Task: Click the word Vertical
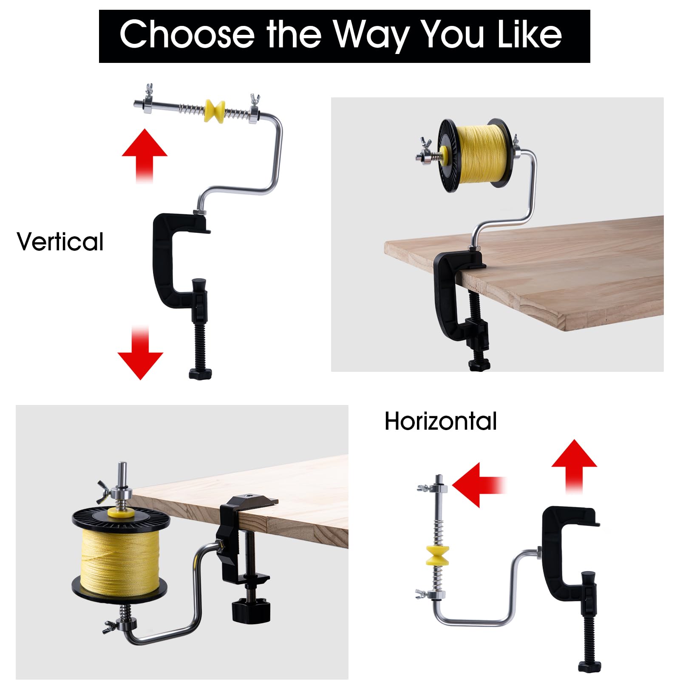(x=60, y=242)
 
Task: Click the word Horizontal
(x=441, y=421)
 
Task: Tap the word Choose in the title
(x=187, y=34)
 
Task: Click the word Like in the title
(x=530, y=34)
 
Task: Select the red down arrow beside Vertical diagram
(x=140, y=353)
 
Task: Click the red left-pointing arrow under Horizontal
(x=479, y=485)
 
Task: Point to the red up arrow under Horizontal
(x=574, y=467)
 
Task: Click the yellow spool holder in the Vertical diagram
(x=215, y=110)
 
